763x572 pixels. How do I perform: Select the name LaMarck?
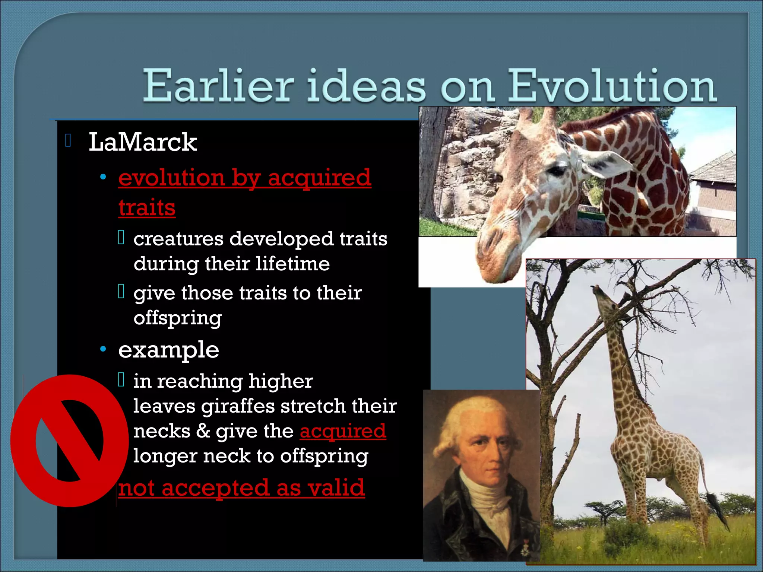pyautogui.click(x=142, y=142)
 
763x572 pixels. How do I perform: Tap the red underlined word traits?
pyautogui.click(x=147, y=208)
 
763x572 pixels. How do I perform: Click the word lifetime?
pyautogui.click(x=292, y=264)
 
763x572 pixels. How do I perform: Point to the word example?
pyautogui.click(x=168, y=350)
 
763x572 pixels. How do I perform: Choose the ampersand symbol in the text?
pyautogui.click(x=203, y=431)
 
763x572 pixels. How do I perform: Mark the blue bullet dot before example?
pyautogui.click(x=103, y=350)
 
